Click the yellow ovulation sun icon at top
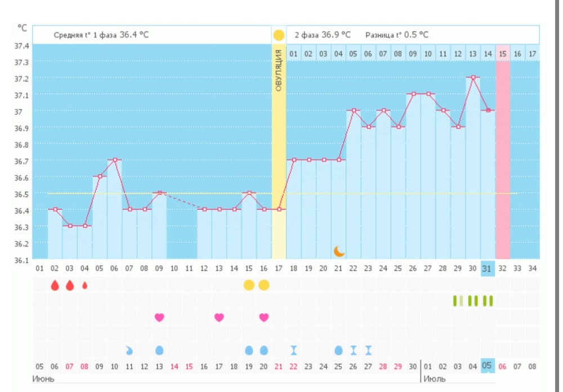[279, 35]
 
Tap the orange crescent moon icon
[338, 251]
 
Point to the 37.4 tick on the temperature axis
[22, 46]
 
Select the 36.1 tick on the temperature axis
[22, 260]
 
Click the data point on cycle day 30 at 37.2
[473, 78]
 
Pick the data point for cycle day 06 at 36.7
[114, 160]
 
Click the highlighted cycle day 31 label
[488, 269]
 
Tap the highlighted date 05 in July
[488, 366]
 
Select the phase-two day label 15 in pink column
[503, 54]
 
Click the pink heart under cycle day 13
[219, 318]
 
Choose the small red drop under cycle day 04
[85, 285]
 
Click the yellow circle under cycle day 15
[249, 285]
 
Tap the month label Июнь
[43, 378]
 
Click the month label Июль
[434, 378]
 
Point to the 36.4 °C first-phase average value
[134, 35]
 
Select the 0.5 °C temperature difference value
[415, 35]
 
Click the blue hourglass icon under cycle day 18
[294, 350]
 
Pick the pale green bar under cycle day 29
[462, 301]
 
